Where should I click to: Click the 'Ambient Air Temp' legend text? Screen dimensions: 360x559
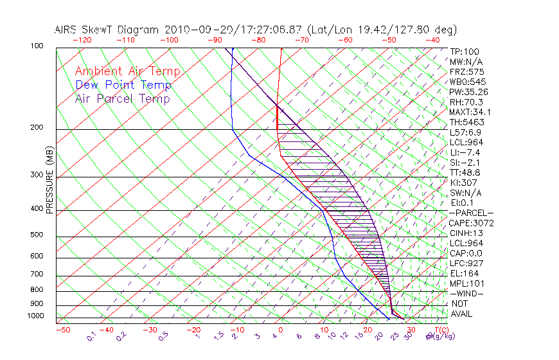pyautogui.click(x=127, y=71)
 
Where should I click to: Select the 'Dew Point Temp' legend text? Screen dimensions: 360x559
pyautogui.click(x=123, y=85)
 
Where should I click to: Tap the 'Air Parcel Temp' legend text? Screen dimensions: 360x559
pyautogui.click(x=123, y=98)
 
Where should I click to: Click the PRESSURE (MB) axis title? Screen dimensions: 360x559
pyautogui.click(x=50, y=180)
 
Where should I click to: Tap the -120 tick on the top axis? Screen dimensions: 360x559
pyautogui.click(x=82, y=40)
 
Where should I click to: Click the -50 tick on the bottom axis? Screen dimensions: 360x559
pyautogui.click(x=62, y=330)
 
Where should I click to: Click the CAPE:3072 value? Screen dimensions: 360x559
pyautogui.click(x=471, y=223)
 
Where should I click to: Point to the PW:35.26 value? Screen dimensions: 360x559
pyautogui.click(x=469, y=92)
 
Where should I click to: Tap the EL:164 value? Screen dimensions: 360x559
pyautogui.click(x=465, y=273)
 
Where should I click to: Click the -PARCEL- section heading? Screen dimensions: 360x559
pyautogui.click(x=471, y=213)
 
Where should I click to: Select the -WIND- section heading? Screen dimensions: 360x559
pyautogui.click(x=467, y=293)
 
